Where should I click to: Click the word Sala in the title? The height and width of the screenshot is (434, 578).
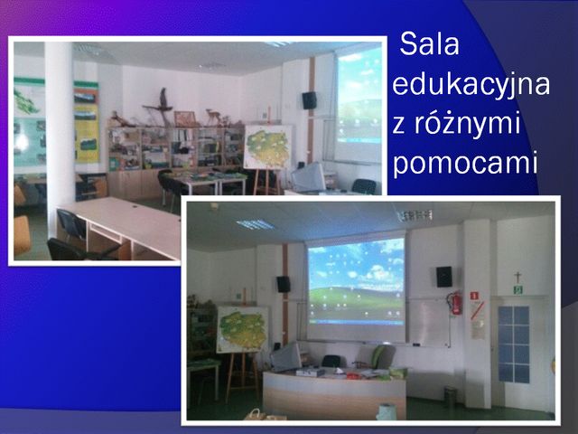pyautogui.click(x=430, y=44)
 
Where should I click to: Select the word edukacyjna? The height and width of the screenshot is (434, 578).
pyautogui.click(x=471, y=85)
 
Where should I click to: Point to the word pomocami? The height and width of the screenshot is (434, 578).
pyautogui.click(x=465, y=163)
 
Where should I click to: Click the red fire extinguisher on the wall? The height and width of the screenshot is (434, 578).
pyautogui.click(x=455, y=303)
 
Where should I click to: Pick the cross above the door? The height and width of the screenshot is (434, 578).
pyautogui.click(x=517, y=277)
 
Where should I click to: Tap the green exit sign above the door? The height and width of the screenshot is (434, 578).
pyautogui.click(x=518, y=289)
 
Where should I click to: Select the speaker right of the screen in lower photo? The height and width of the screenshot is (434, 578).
pyautogui.click(x=444, y=277)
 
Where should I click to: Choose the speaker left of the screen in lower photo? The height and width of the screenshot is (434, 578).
pyautogui.click(x=284, y=284)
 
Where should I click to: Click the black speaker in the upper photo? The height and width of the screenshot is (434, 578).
pyautogui.click(x=309, y=100)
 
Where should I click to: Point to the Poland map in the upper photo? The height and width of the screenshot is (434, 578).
pyautogui.click(x=268, y=146)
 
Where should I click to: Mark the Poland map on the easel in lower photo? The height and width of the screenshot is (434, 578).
pyautogui.click(x=243, y=329)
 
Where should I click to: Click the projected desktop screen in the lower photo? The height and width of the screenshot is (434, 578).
pyautogui.click(x=356, y=281)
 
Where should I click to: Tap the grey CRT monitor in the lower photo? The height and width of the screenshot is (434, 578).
pyautogui.click(x=286, y=357)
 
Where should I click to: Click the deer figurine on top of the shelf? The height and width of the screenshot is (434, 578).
pyautogui.click(x=213, y=117)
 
